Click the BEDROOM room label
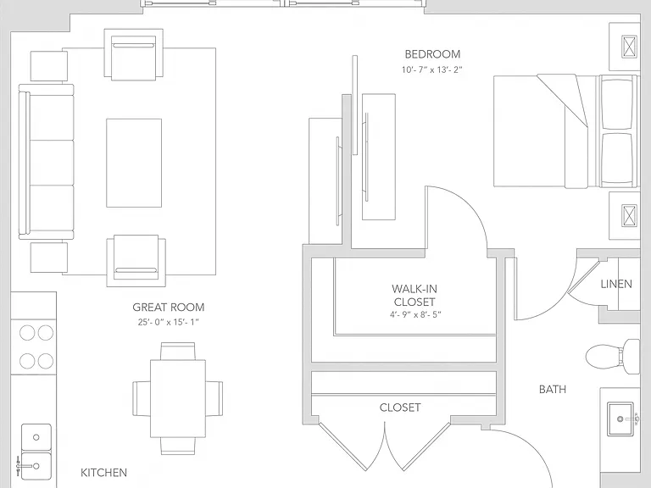tap(432, 54)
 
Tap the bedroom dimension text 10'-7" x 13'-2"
tap(431, 69)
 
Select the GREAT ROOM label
tap(169, 307)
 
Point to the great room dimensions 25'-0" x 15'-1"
tap(169, 322)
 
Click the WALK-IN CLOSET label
tap(415, 295)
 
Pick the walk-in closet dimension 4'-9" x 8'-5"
tap(415, 314)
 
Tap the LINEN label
tap(616, 284)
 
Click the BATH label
tap(552, 389)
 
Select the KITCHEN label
tap(103, 472)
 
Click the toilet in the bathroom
tap(613, 357)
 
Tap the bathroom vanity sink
tap(620, 419)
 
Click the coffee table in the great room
tap(134, 163)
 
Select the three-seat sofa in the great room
tap(46, 162)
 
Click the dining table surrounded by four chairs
tap(178, 398)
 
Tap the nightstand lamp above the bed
tap(630, 46)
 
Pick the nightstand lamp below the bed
tap(630, 215)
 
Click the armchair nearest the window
tap(133, 54)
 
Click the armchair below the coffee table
tap(136, 261)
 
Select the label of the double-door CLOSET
tap(400, 408)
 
